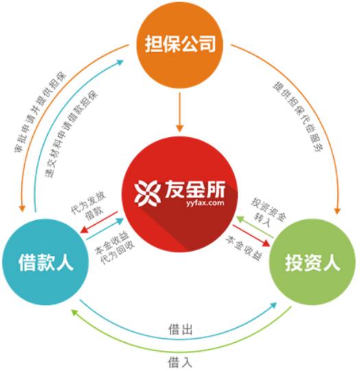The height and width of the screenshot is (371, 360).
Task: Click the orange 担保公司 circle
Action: coord(180,45)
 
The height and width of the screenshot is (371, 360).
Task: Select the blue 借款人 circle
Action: coord(45,262)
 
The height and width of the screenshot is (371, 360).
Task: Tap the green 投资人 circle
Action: coord(313,262)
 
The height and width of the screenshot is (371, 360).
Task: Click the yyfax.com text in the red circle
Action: coord(205,203)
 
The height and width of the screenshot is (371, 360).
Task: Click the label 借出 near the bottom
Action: coord(180,329)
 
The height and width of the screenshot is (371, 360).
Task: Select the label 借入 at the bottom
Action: coord(180,362)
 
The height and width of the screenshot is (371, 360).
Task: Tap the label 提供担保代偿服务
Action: coord(298,117)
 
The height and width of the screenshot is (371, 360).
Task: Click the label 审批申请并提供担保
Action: coord(40,112)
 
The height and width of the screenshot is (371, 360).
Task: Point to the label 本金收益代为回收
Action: coord(115,248)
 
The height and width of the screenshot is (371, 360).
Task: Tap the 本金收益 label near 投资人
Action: coord(244,248)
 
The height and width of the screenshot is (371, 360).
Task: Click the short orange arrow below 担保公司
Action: coord(180,112)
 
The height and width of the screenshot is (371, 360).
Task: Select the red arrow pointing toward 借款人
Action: coord(99,222)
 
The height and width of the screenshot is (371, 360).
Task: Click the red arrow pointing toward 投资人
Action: coord(252,236)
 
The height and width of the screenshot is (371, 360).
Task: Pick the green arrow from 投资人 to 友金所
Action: coord(255,226)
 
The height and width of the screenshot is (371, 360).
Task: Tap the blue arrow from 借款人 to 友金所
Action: coord(105,229)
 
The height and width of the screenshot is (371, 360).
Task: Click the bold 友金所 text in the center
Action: coord(195,189)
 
